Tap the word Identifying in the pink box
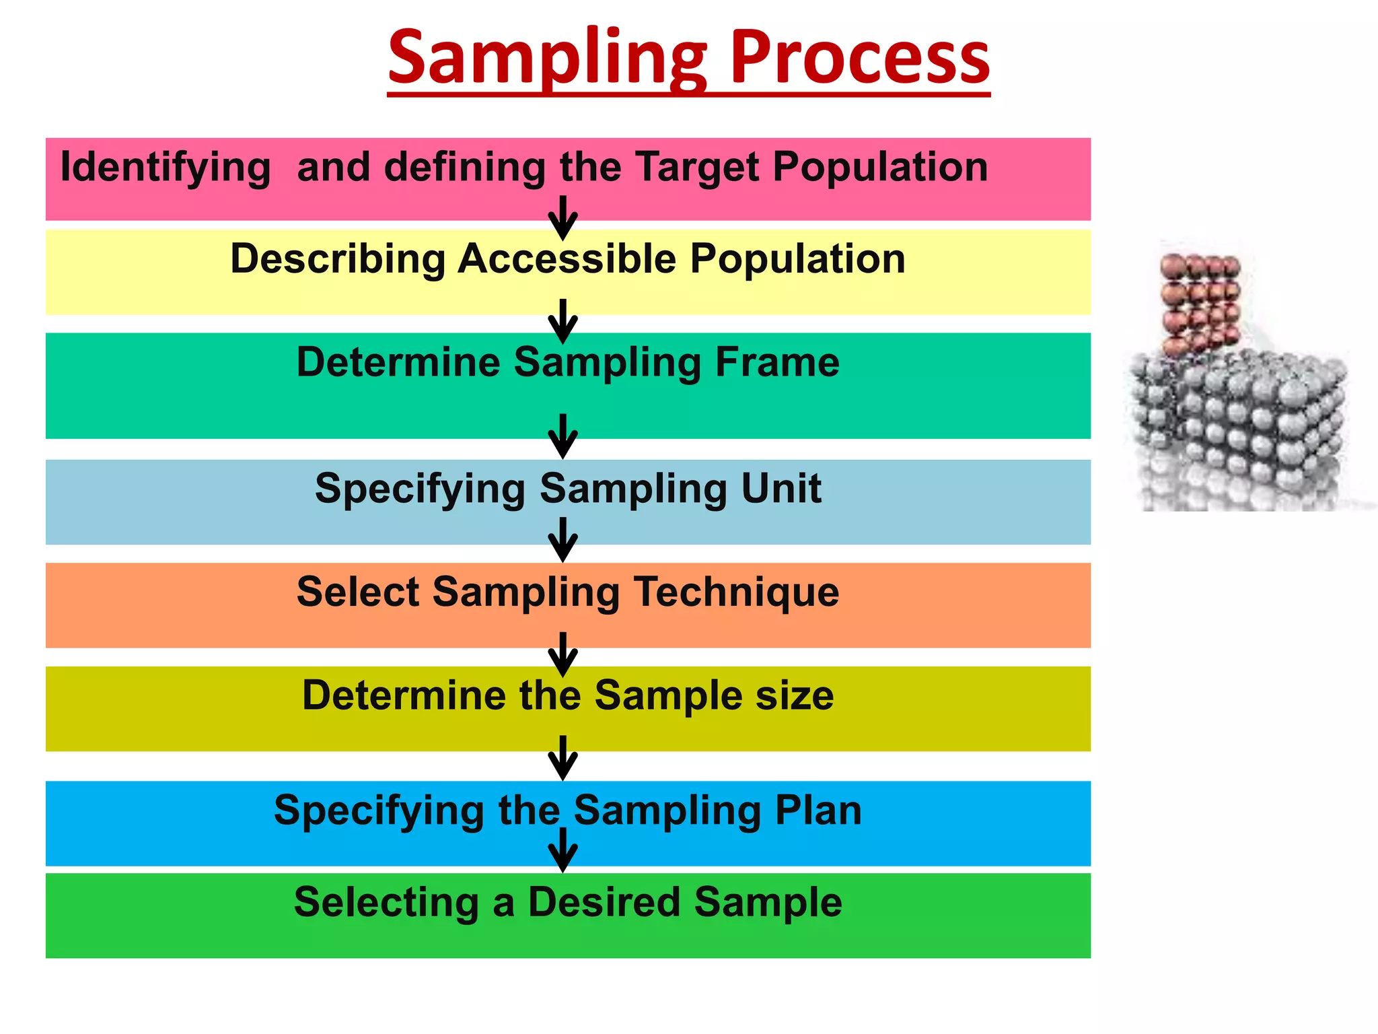(166, 167)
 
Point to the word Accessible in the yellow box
(567, 258)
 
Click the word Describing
(337, 260)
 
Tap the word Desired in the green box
(604, 902)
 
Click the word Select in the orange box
(358, 592)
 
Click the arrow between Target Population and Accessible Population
(563, 217)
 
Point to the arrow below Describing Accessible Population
(563, 321)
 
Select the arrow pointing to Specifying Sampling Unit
(563, 436)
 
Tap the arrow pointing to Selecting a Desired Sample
(563, 850)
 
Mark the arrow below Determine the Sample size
(563, 757)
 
